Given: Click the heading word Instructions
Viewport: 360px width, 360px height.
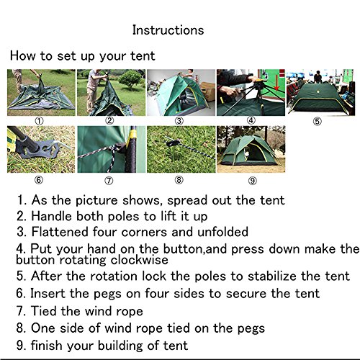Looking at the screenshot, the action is pyautogui.click(x=168, y=30).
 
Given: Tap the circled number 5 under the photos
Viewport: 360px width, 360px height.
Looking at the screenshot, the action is pyautogui.click(x=318, y=121).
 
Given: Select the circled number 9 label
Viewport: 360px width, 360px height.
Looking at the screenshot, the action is pyautogui.click(x=253, y=181).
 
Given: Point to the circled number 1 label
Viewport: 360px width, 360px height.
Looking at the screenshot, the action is pyautogui.click(x=40, y=121).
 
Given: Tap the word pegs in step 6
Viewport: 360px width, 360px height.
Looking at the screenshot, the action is pyautogui.click(x=109, y=294).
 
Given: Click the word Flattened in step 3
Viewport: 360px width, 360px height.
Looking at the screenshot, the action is pyautogui.click(x=60, y=232).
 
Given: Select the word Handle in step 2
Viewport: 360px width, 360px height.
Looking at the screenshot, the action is pyautogui.click(x=52, y=216).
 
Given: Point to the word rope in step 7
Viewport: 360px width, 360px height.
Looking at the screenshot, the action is pyautogui.click(x=130, y=312).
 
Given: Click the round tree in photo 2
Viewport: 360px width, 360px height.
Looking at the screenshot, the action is pyautogui.click(x=130, y=79).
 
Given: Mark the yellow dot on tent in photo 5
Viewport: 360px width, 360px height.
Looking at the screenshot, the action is pyautogui.click(x=319, y=92).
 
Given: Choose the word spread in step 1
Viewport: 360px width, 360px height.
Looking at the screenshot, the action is pyautogui.click(x=187, y=200).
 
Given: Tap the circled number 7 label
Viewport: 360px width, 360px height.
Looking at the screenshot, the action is pyautogui.click(x=109, y=181).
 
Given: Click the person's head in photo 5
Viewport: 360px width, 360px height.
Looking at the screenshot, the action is pyautogui.click(x=318, y=73).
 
